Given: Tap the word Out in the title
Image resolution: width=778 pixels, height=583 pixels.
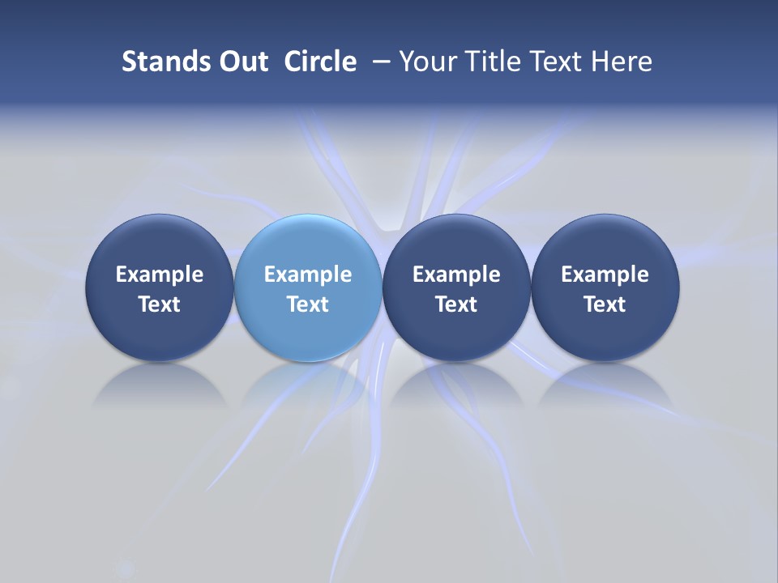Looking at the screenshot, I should tap(241, 62).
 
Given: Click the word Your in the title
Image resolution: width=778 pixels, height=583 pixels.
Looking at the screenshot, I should tap(426, 62).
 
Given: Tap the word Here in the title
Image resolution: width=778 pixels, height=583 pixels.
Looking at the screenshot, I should tap(622, 62).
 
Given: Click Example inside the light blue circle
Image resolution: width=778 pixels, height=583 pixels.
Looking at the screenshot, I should tap(308, 274).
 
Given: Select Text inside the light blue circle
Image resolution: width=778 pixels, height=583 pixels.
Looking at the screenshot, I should tap(308, 304).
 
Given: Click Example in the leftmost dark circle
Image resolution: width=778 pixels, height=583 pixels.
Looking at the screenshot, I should tap(160, 274).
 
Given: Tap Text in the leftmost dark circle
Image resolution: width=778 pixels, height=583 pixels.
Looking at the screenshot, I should tap(160, 304).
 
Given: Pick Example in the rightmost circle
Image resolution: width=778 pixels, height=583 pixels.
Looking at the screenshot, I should tap(605, 274).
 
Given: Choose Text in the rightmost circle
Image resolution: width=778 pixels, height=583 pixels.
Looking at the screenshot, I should tap(605, 304).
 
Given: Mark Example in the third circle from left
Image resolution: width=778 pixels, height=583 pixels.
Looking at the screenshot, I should tap(456, 274).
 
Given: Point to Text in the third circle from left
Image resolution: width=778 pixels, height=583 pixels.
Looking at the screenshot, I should tap(456, 304).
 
